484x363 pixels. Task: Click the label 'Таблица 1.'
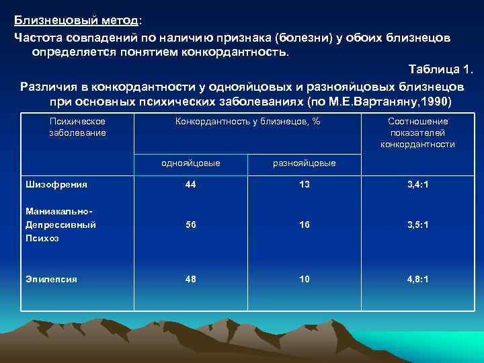click(x=441, y=70)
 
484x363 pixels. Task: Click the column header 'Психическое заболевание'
click(x=77, y=127)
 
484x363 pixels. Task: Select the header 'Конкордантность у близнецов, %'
click(x=247, y=122)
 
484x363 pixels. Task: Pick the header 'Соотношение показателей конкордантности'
click(x=417, y=132)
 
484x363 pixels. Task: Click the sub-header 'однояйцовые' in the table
click(x=191, y=163)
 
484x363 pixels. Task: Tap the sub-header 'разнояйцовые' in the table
click(x=305, y=163)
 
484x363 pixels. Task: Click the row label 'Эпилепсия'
click(x=51, y=279)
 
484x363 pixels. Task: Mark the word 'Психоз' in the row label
click(x=40, y=238)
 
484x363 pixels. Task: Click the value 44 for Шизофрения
click(x=191, y=184)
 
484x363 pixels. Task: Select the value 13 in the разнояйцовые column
click(x=305, y=184)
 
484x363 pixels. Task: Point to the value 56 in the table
click(x=191, y=225)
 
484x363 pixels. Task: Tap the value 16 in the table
click(x=305, y=225)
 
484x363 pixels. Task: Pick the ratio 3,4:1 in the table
click(x=417, y=184)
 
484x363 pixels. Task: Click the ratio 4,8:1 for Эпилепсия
click(x=417, y=279)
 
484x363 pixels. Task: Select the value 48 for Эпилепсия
click(x=191, y=279)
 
